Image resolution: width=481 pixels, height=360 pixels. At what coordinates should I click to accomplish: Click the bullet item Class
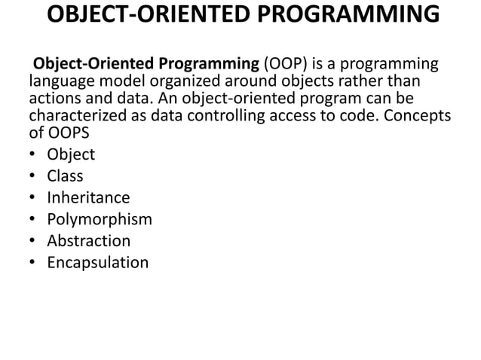coord(65,176)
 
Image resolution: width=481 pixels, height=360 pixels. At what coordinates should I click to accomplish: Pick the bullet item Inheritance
coord(88,198)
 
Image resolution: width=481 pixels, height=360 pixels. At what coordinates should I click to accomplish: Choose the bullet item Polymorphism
coord(100,220)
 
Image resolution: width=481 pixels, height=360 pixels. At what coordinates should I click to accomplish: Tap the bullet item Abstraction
coord(88,241)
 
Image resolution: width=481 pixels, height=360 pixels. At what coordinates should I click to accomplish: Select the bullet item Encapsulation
coord(97,263)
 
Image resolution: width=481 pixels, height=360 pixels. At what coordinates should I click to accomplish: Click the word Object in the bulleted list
coord(71,154)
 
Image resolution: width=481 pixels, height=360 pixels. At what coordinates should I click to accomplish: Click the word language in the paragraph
coord(59,81)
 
